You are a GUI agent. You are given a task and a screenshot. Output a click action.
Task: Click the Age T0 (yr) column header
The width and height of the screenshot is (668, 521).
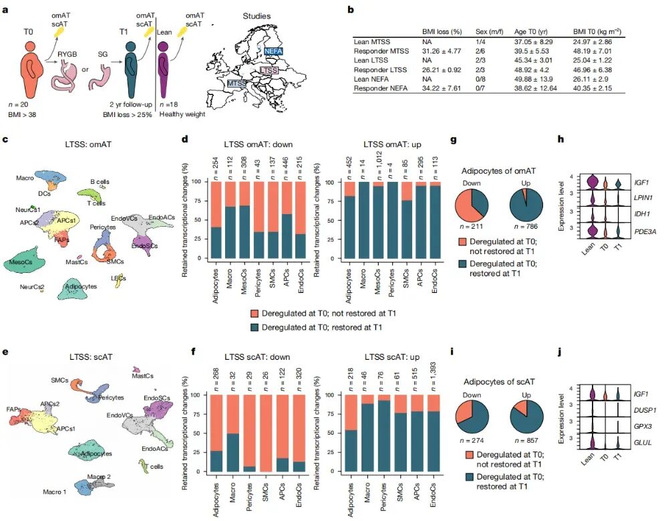coord(531,31)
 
